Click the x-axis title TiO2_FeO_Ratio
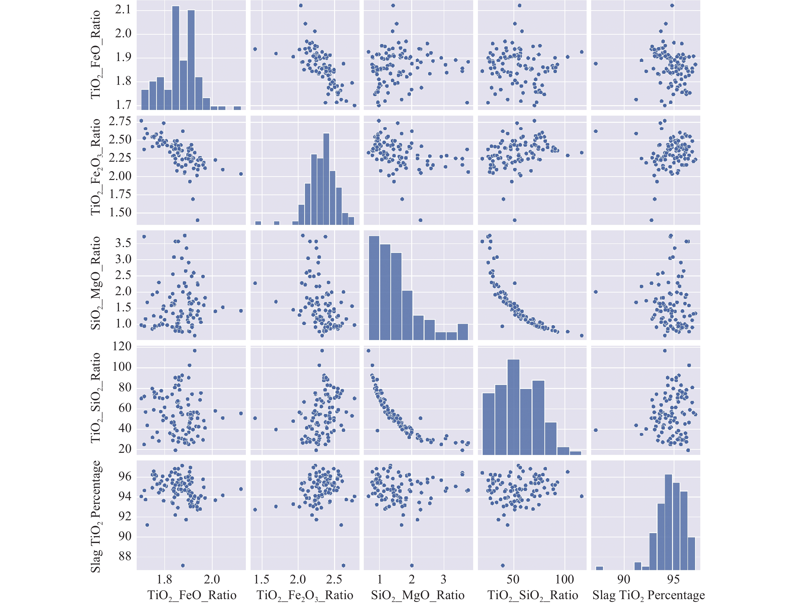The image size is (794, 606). [x=192, y=595]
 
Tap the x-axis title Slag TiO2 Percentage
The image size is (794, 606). [x=648, y=595]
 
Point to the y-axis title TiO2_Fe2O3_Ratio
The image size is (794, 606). [x=95, y=167]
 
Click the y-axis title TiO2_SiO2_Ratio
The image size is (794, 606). [x=95, y=398]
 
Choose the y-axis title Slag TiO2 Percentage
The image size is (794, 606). [x=95, y=516]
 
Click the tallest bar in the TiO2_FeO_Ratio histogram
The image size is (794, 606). [x=176, y=58]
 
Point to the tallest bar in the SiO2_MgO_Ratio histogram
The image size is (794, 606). [x=374, y=288]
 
